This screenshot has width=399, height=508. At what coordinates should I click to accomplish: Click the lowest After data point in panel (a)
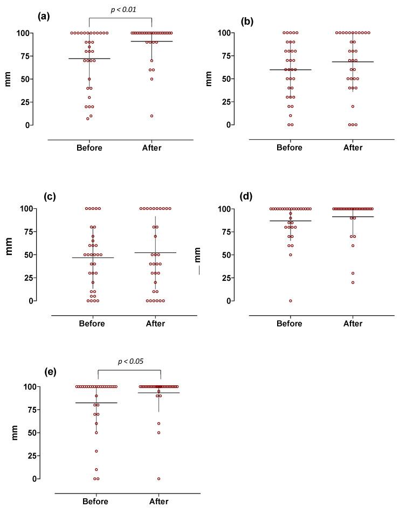(x=152, y=116)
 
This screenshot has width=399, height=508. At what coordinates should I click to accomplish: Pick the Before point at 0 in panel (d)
(x=290, y=301)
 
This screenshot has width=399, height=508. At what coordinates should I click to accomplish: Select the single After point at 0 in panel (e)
(x=159, y=478)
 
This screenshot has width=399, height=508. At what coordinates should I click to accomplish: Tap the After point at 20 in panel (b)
(x=353, y=107)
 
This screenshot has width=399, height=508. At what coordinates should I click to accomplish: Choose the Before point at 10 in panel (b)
(x=290, y=116)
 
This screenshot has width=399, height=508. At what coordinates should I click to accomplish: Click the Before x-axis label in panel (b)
(x=290, y=147)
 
